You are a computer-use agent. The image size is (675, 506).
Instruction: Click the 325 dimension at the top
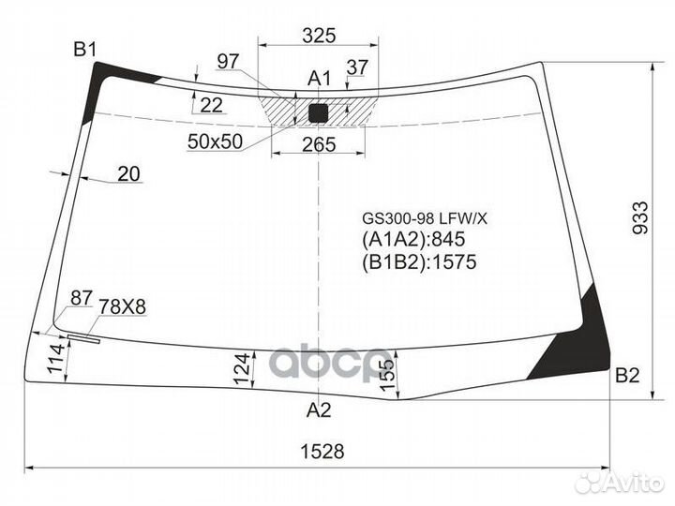click(320, 37)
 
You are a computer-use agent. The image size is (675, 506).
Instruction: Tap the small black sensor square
click(320, 113)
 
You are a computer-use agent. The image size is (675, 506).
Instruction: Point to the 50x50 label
click(215, 141)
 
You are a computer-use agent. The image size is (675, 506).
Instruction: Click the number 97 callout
click(228, 61)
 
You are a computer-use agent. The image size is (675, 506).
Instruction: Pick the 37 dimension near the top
click(357, 67)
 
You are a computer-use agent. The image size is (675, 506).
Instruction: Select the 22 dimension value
click(212, 105)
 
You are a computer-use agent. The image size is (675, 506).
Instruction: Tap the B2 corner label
click(626, 376)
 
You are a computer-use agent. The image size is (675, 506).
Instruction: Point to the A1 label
click(320, 78)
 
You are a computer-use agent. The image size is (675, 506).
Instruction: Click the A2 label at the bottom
click(319, 409)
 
